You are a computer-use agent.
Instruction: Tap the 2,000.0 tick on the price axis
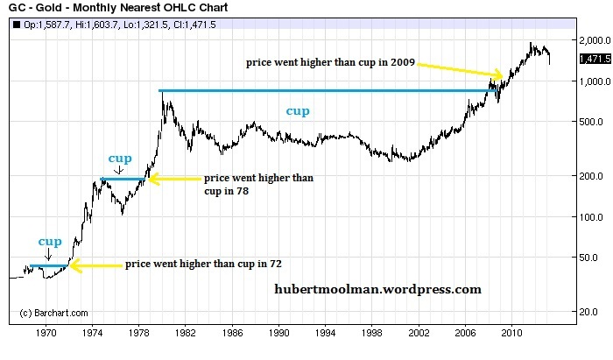590,40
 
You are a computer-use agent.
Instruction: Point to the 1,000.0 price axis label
590,81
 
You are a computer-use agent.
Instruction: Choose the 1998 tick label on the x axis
374,334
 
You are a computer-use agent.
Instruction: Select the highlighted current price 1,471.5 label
594,59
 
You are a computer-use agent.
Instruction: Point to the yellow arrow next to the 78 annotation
173,180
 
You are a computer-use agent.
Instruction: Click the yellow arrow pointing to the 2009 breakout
461,70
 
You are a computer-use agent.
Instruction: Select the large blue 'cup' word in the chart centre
299,111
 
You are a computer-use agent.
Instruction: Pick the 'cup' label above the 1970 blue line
49,241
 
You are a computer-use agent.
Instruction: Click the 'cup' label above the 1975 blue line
119,159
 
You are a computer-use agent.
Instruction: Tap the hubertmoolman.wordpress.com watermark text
377,288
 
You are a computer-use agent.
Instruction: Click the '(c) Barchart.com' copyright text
54,313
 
